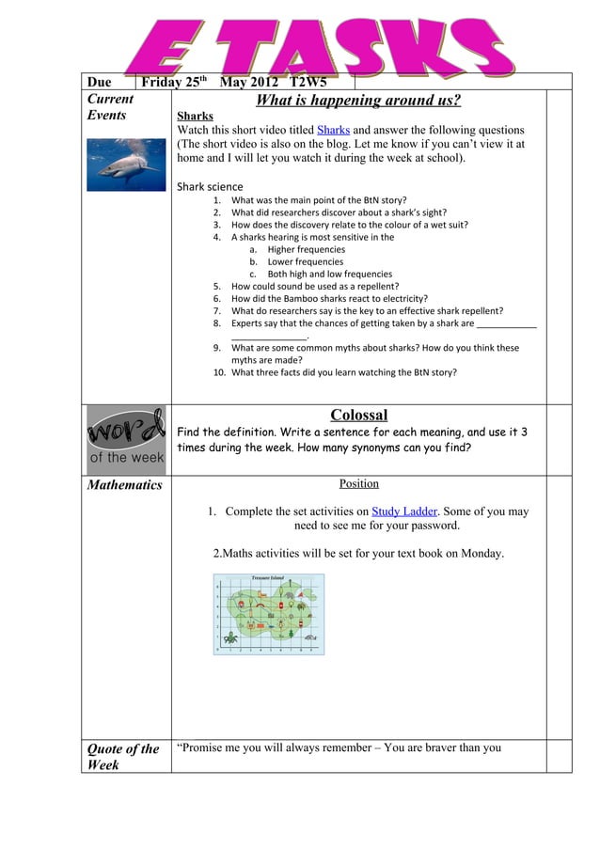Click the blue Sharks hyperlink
[333, 130]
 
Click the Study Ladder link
[403, 512]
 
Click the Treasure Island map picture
[268, 615]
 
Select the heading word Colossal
[358, 416]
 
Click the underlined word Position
[358, 484]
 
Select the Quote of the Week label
[123, 757]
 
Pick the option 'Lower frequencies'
[305, 262]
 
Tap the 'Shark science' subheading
[210, 186]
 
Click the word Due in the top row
[100, 82]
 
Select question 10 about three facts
[344, 372]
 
